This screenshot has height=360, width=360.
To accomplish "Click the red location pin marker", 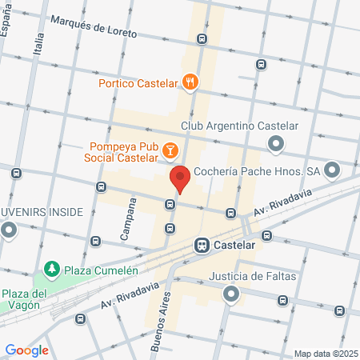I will click(x=179, y=178).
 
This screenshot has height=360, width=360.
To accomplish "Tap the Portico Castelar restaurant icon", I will click(x=190, y=81).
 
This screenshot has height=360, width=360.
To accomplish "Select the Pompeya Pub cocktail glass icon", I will click(x=170, y=150).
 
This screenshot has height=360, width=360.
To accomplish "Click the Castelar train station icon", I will click(x=202, y=246).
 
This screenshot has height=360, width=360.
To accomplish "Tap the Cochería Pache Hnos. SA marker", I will click(x=333, y=170).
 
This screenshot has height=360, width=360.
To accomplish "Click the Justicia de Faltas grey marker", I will click(x=231, y=295).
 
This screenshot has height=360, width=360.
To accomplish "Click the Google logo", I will click(x=27, y=350).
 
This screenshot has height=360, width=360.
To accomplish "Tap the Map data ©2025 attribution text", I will click(x=326, y=354).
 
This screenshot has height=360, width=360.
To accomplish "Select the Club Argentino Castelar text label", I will click(x=239, y=126).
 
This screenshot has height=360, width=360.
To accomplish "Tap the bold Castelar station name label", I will click(x=235, y=246).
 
